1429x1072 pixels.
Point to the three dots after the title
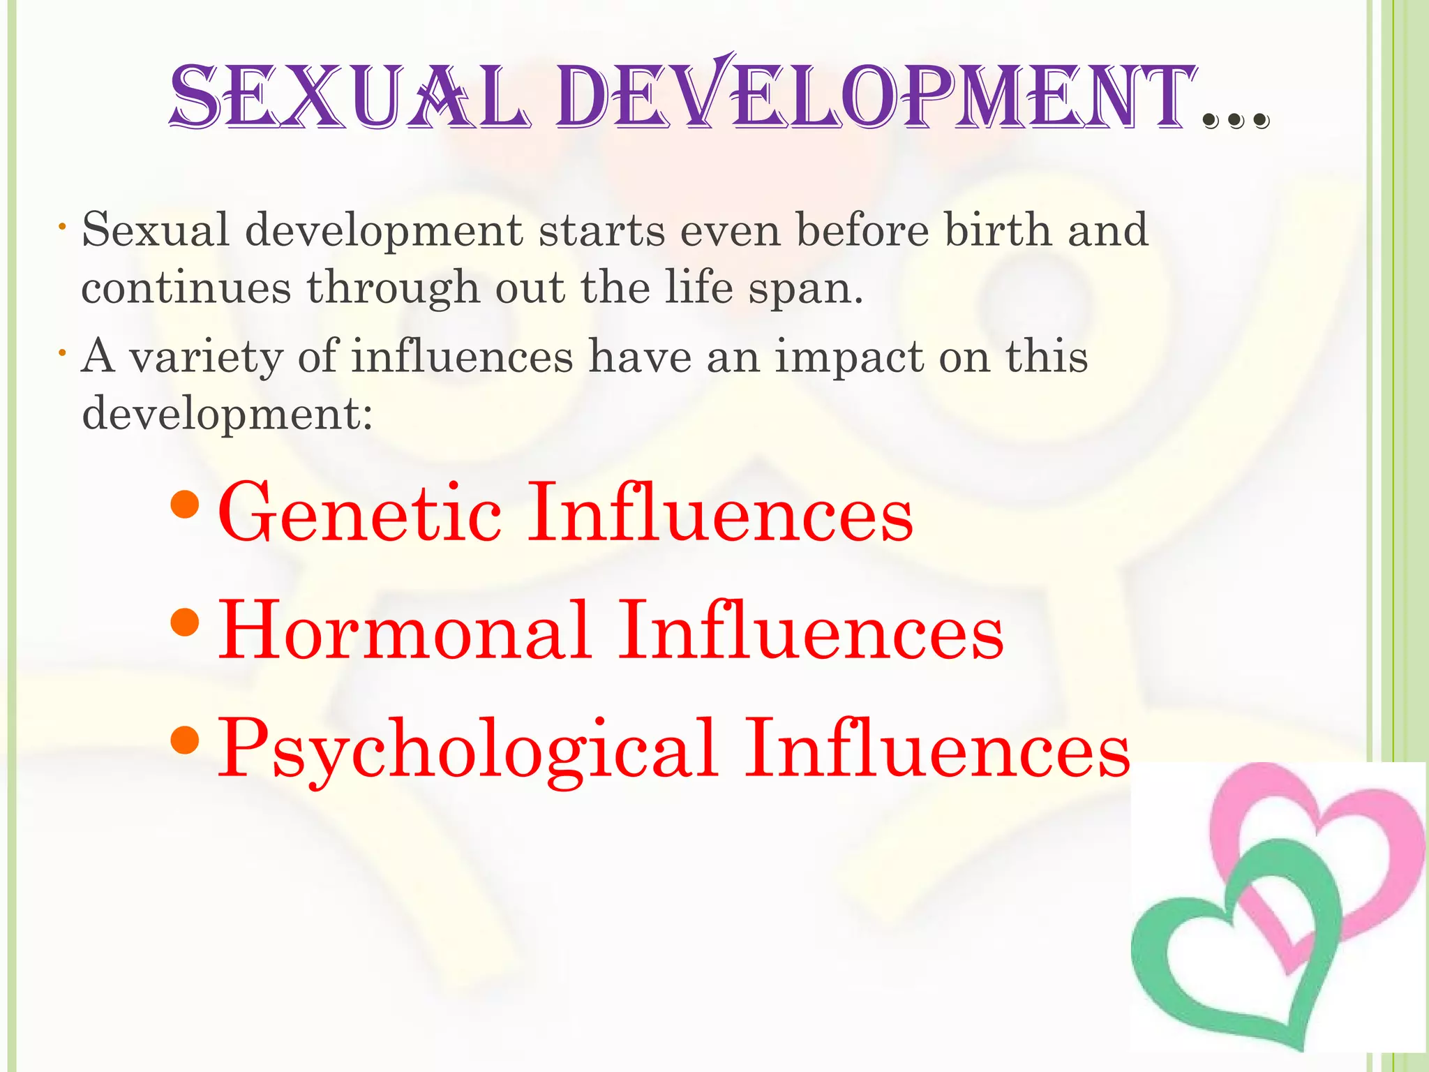pos(1236,121)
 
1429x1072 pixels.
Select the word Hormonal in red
pos(405,631)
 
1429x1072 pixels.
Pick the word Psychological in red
pos(467,751)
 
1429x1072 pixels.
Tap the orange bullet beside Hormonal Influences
pos(185,622)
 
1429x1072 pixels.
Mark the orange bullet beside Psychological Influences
pos(185,740)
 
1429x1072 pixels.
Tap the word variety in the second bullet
pos(206,357)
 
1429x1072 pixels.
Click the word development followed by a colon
pos(227,415)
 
